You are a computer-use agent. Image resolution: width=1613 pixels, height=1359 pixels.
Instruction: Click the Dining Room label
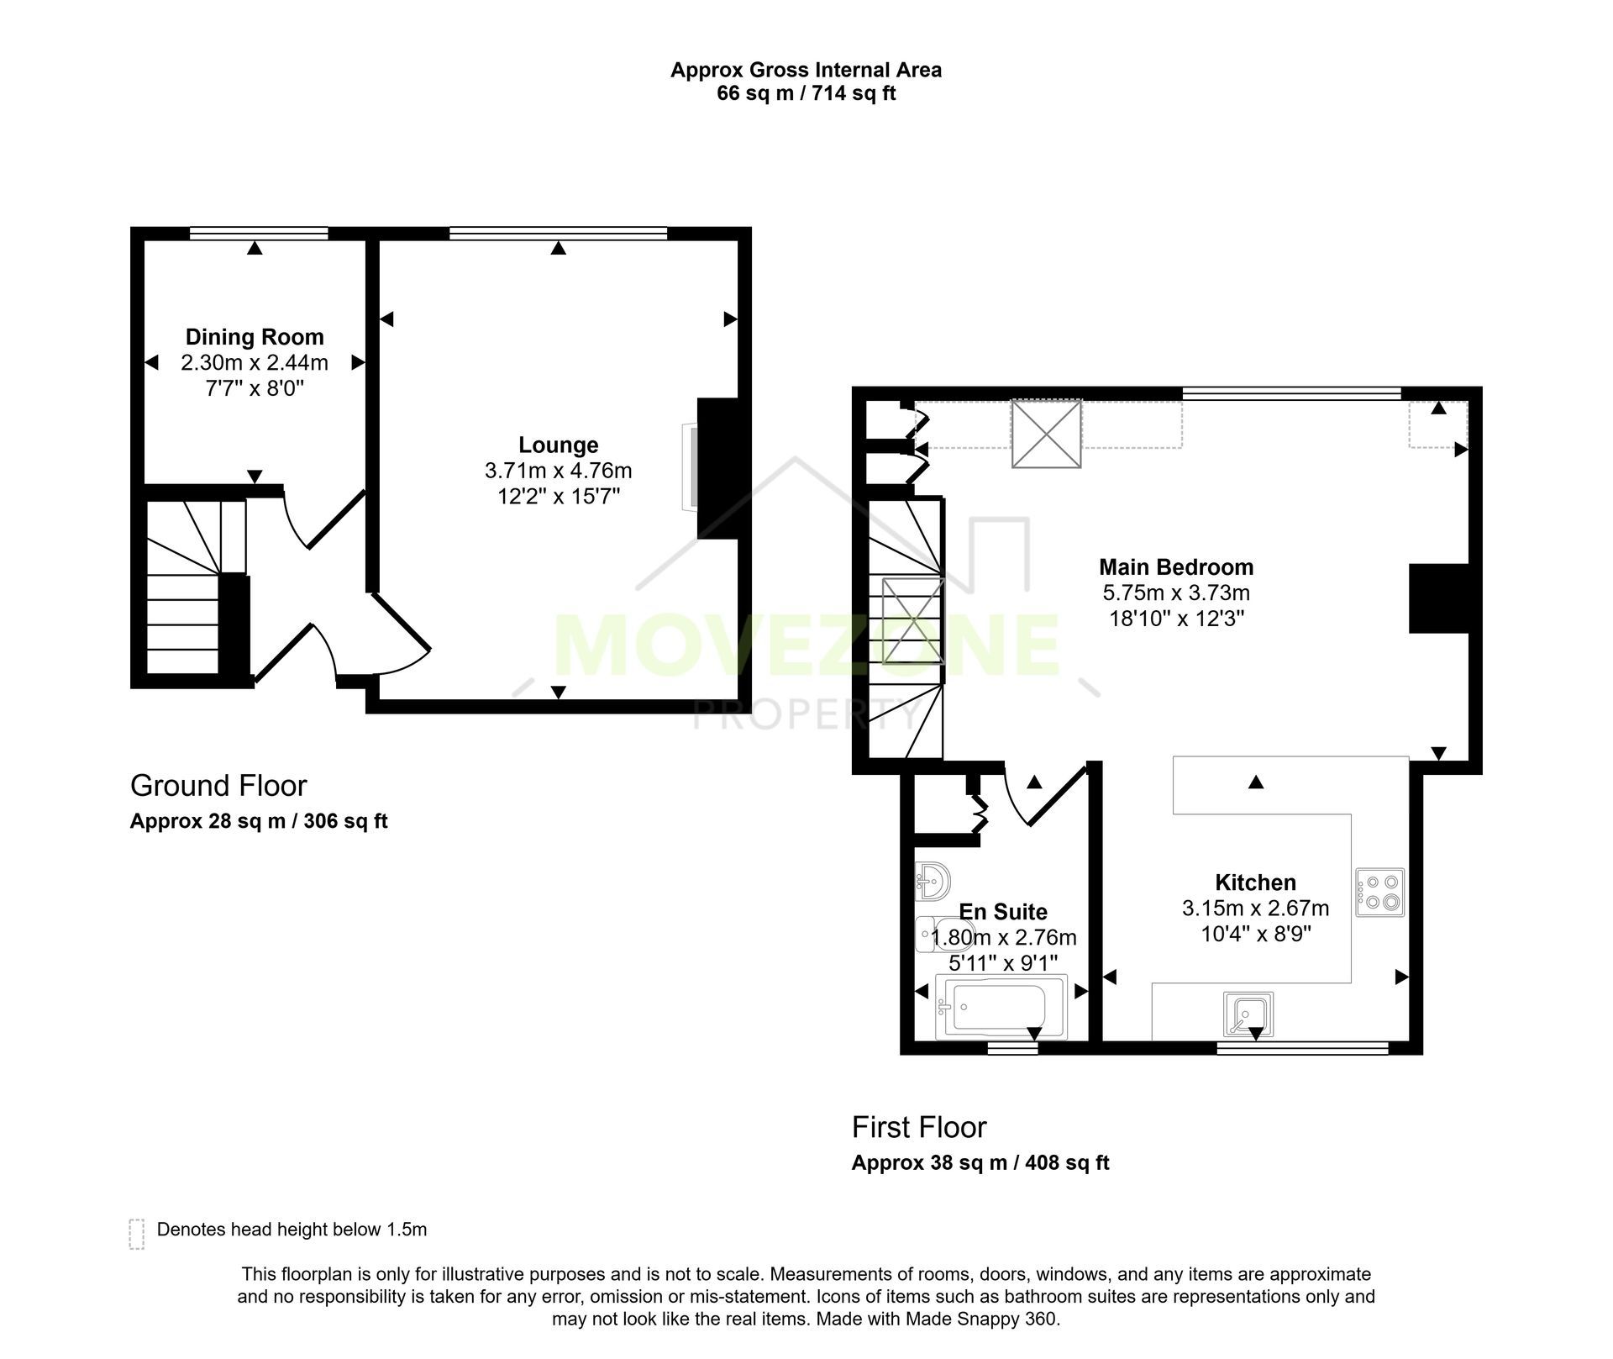pyautogui.click(x=255, y=337)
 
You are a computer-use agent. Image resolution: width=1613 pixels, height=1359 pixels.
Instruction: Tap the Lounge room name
pyautogui.click(x=559, y=445)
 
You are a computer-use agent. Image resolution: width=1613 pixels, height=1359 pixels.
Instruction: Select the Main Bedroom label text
pyautogui.click(x=1176, y=567)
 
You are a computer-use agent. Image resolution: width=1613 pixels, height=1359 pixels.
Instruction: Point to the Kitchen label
pyautogui.click(x=1255, y=882)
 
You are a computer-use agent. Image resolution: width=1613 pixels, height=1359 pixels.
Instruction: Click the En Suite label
pyautogui.click(x=1003, y=912)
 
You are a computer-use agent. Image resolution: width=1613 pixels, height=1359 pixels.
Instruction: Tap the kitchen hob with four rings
pyautogui.click(x=1379, y=892)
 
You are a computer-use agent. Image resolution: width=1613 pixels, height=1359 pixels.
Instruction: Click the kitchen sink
pyautogui.click(x=1248, y=1014)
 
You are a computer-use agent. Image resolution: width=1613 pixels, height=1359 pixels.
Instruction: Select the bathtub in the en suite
pyautogui.click(x=1001, y=1007)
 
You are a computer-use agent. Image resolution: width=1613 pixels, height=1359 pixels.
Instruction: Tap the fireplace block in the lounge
pyautogui.click(x=718, y=469)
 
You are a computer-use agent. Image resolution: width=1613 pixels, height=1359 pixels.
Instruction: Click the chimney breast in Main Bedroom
pyautogui.click(x=1439, y=598)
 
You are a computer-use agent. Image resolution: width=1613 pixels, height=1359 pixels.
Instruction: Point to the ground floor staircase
pyautogui.click(x=197, y=587)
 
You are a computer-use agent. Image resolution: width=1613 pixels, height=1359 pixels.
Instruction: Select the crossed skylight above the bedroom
pyautogui.click(x=1046, y=434)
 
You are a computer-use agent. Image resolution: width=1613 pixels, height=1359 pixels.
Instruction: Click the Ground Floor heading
pyautogui.click(x=218, y=786)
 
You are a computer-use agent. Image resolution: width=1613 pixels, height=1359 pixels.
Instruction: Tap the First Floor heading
pyautogui.click(x=919, y=1127)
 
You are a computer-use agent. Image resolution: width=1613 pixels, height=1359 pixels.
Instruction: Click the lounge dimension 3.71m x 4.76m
pyautogui.click(x=559, y=471)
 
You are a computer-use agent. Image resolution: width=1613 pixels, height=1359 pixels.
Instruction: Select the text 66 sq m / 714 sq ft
pyautogui.click(x=806, y=93)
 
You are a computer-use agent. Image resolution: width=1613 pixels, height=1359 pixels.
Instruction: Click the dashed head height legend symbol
pyautogui.click(x=137, y=1234)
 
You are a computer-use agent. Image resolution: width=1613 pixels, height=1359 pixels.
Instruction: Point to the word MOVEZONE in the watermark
pyautogui.click(x=806, y=645)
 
